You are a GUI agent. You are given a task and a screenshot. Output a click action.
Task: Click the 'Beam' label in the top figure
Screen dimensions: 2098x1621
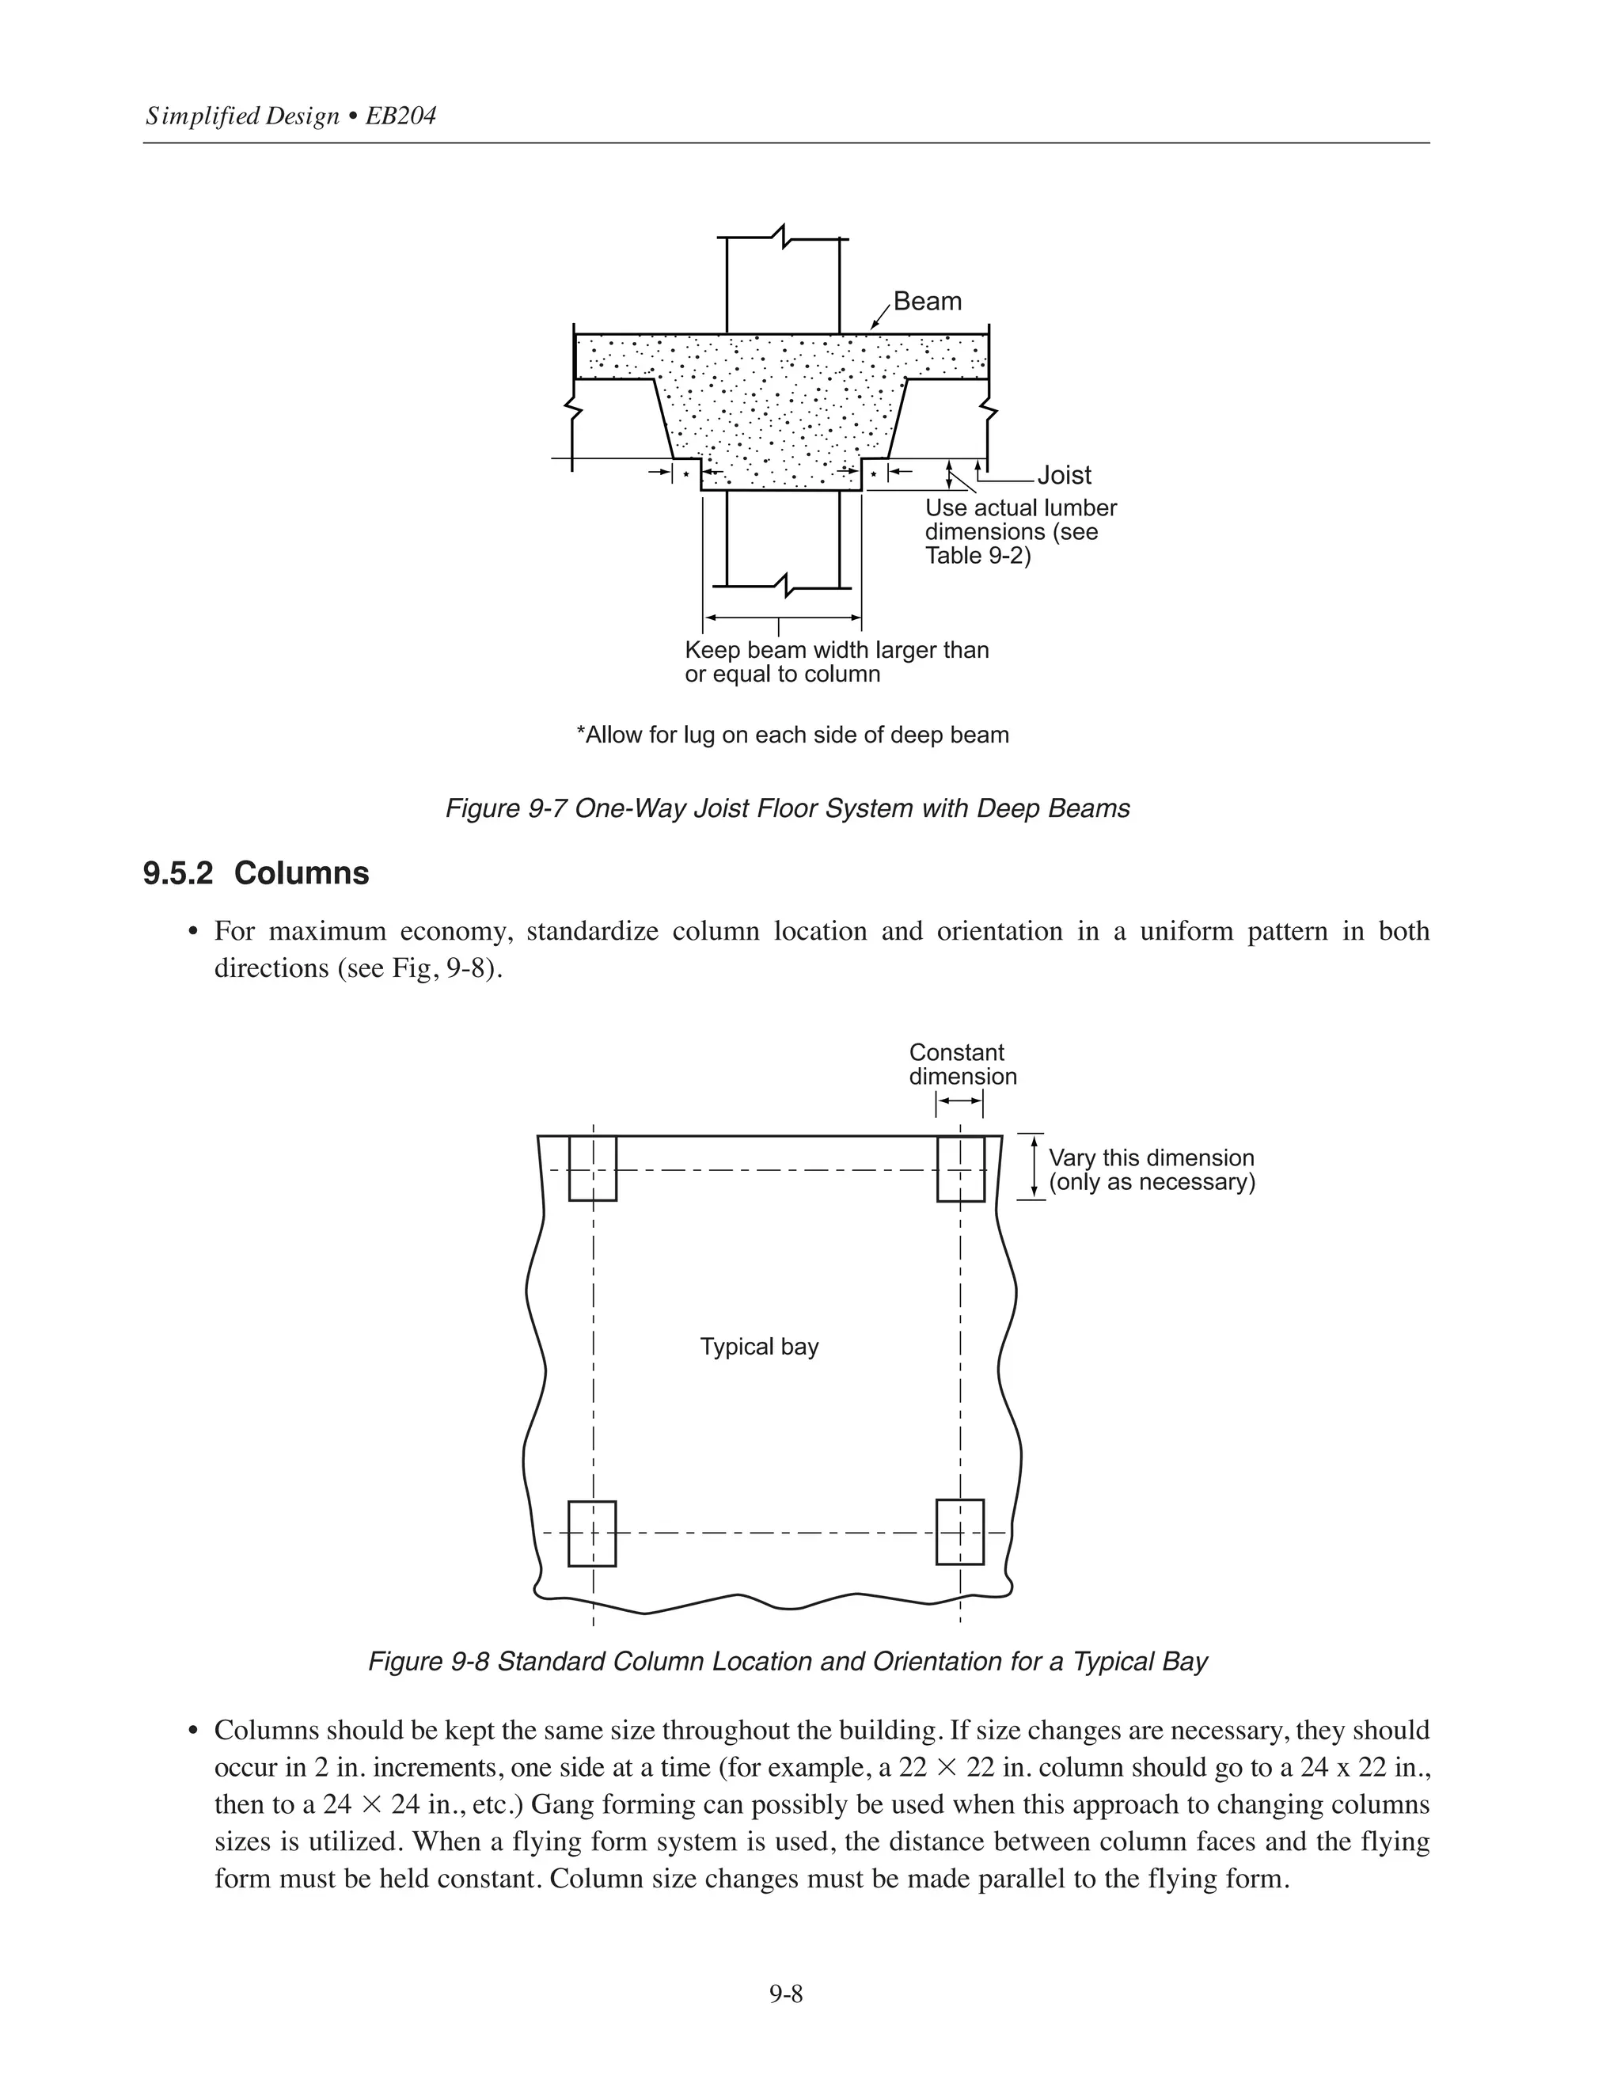click(927, 302)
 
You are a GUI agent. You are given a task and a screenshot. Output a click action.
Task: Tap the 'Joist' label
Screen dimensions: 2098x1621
click(1064, 476)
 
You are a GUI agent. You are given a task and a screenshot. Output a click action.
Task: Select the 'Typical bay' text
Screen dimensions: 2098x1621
click(758, 1347)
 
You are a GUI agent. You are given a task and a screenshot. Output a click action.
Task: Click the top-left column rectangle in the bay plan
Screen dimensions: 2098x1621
click(593, 1168)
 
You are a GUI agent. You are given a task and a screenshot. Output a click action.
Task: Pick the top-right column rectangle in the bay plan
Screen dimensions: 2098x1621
click(960, 1168)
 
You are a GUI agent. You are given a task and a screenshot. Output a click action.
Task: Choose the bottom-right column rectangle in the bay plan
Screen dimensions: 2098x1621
click(960, 1532)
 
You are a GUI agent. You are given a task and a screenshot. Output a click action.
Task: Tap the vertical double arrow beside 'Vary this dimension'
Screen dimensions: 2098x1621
click(1034, 1167)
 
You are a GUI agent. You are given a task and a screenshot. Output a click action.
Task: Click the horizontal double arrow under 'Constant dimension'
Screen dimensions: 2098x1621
click(959, 1101)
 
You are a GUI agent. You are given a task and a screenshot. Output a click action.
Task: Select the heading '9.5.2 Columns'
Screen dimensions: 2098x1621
click(256, 873)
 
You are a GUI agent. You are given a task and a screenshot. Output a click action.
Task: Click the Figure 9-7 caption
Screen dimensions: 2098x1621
click(788, 809)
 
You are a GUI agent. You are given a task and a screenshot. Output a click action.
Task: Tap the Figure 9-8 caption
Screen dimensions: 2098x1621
click(788, 1662)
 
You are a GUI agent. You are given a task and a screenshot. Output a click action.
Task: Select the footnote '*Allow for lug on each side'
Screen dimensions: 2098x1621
click(792, 735)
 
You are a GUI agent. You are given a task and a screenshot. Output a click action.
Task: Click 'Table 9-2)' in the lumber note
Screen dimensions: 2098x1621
click(978, 557)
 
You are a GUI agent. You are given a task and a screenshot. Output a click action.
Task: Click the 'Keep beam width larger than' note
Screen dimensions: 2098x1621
click(837, 650)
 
